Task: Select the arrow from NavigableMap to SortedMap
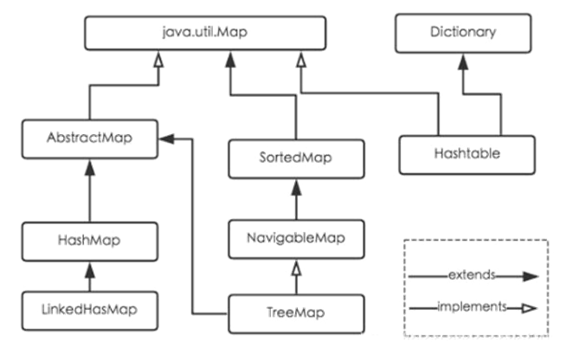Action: click(297, 199)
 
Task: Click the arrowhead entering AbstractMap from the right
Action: click(169, 137)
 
